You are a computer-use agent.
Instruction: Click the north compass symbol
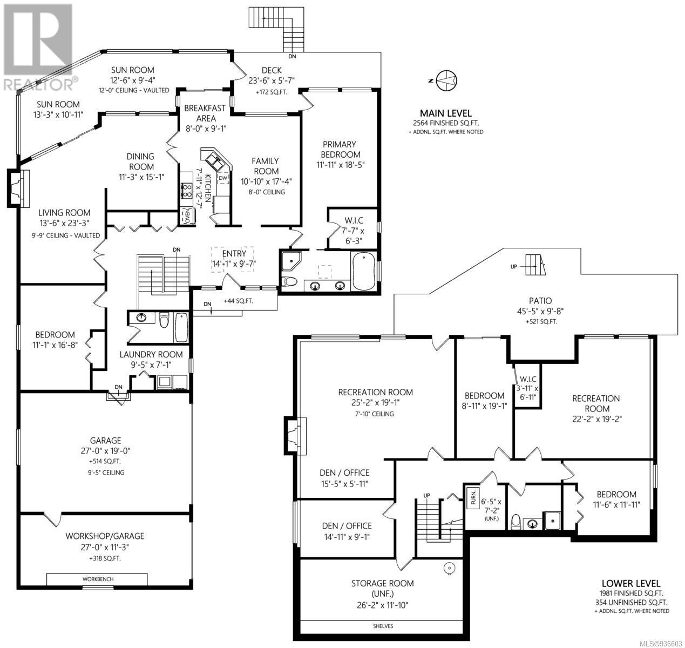coord(446,80)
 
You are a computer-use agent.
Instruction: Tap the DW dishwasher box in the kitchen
coord(222,179)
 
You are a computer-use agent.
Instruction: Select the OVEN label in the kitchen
coord(188,216)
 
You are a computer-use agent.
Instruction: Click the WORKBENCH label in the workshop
coord(98,579)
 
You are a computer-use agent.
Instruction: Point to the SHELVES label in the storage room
coord(383,626)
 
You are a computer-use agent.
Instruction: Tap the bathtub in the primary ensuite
coord(364,271)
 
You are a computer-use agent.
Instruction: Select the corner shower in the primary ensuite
coord(291,261)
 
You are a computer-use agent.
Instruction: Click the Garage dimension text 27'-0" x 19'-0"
coord(105,451)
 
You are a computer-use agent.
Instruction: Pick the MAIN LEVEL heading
coord(446,113)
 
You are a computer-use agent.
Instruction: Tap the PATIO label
coord(540,300)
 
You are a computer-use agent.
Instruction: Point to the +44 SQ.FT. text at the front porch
coord(239,300)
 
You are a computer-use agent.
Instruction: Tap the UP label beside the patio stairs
coord(513,267)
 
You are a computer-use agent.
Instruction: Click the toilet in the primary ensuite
coord(289,281)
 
